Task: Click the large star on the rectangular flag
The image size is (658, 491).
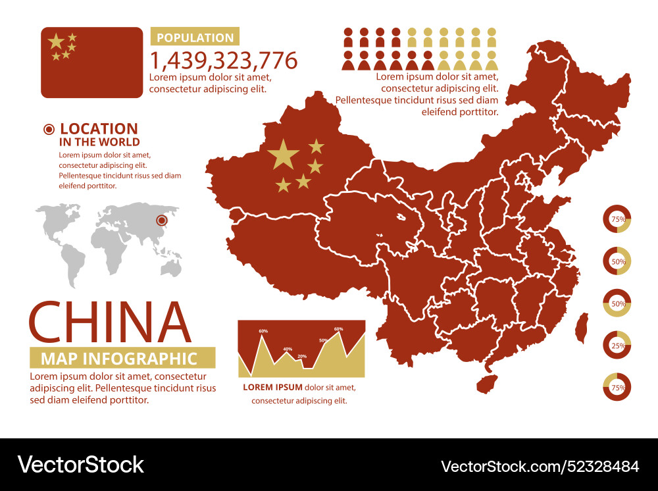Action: coord(56,42)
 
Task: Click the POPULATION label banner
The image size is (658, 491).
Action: coord(195,38)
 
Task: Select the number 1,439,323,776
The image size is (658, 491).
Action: coord(224,61)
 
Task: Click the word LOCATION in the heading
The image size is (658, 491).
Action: coord(99,129)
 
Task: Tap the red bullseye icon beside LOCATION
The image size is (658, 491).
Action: coord(49,130)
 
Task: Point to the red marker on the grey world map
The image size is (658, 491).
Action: coord(160,220)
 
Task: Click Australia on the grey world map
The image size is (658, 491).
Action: coord(172,267)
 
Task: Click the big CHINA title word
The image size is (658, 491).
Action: coord(110,323)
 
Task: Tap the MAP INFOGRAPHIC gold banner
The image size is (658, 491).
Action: coord(122,358)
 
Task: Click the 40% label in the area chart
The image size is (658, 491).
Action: coord(288,349)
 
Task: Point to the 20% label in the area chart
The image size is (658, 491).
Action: coord(302,356)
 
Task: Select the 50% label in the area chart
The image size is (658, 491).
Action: coord(323,340)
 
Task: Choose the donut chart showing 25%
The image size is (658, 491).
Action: coord(617,345)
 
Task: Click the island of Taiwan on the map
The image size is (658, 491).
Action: coord(581,327)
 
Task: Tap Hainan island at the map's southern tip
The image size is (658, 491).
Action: coord(486,382)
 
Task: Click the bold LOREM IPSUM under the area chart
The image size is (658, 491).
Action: coord(272,387)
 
